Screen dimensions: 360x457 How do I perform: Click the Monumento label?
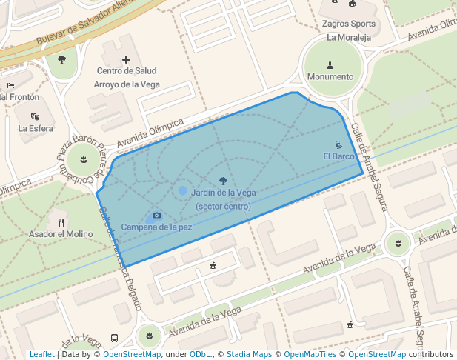[x=330, y=76]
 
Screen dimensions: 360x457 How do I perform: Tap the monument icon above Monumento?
[x=330, y=64]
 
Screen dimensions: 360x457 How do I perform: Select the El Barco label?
[x=338, y=156]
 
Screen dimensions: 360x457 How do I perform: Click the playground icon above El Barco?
[x=338, y=144]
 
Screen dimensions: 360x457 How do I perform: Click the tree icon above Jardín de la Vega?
[x=223, y=180]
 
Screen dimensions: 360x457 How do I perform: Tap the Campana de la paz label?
[x=156, y=227]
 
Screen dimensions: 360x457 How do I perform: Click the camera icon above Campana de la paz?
[x=156, y=216]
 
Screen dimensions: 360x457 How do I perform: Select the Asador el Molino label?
[x=61, y=234]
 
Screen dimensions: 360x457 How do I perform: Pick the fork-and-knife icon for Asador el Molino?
[x=61, y=221]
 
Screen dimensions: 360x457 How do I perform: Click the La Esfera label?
[x=36, y=128]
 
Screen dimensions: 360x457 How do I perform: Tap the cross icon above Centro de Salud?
[x=126, y=59]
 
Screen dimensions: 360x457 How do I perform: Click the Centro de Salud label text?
[x=126, y=71]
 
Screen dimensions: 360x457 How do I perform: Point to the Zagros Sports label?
[x=349, y=24]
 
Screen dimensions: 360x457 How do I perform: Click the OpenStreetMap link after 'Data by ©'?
[x=132, y=354]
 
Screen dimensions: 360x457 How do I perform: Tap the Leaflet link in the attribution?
[x=42, y=354]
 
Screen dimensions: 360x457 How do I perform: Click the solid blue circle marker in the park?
[x=183, y=191]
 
